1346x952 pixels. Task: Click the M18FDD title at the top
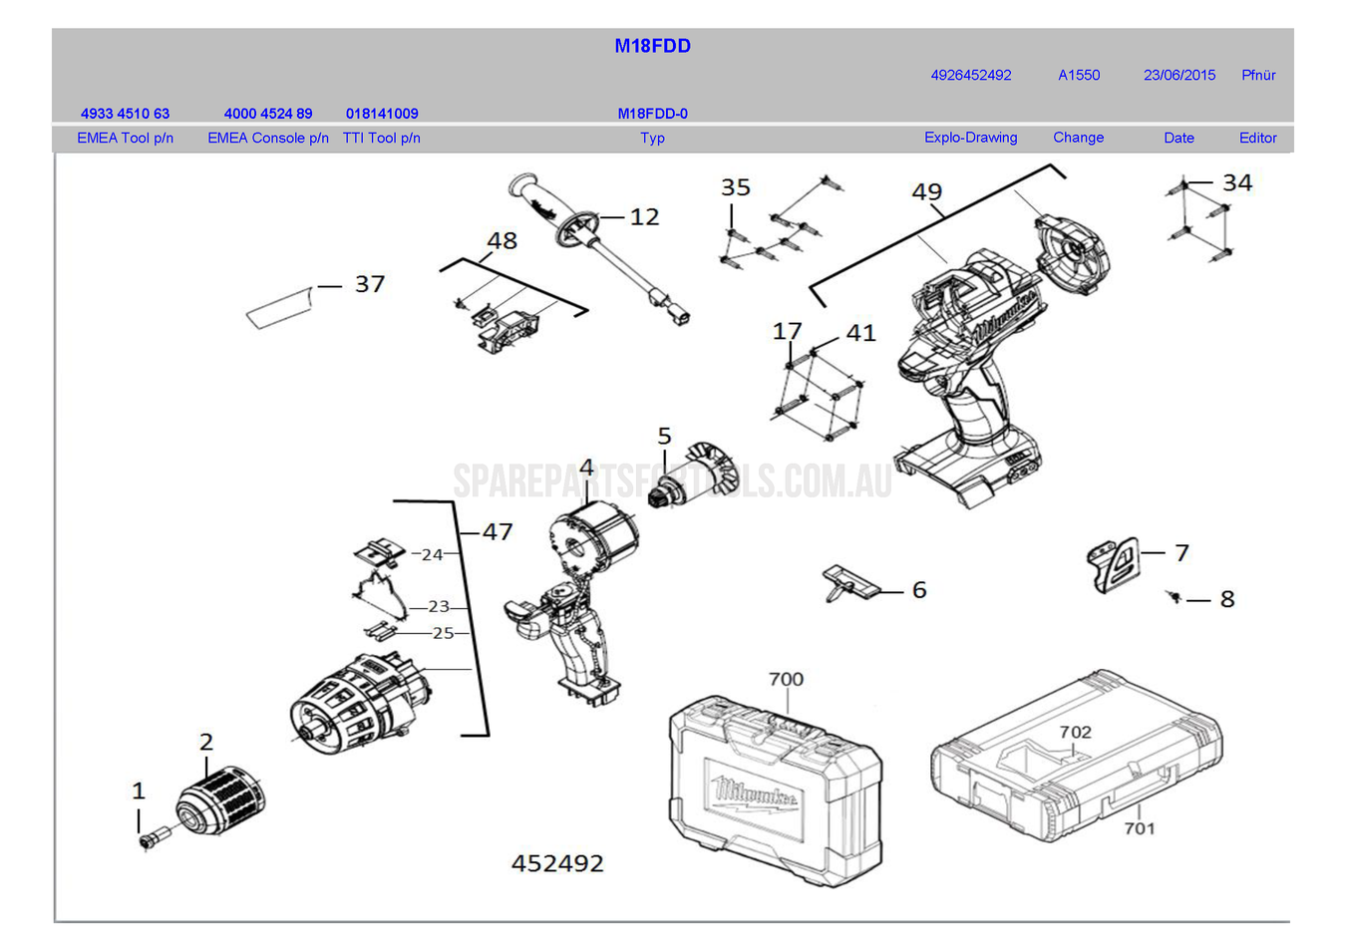coord(652,46)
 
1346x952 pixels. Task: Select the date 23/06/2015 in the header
coord(1178,75)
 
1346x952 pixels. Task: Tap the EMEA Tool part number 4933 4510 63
coord(125,114)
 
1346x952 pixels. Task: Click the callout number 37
coord(369,284)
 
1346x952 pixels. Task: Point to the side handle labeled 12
coord(588,239)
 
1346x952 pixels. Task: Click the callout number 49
coord(926,191)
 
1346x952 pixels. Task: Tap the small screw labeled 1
coord(152,837)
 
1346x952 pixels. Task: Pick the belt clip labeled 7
coord(1113,564)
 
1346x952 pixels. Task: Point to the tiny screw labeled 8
coord(1175,596)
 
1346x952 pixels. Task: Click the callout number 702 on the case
coord(1075,732)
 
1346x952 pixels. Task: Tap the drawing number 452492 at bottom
coord(557,863)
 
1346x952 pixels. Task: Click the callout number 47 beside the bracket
coord(498,532)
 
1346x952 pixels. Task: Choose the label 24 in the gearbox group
coord(432,554)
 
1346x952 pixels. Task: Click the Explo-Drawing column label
coord(970,138)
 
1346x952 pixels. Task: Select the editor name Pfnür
coord(1258,75)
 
